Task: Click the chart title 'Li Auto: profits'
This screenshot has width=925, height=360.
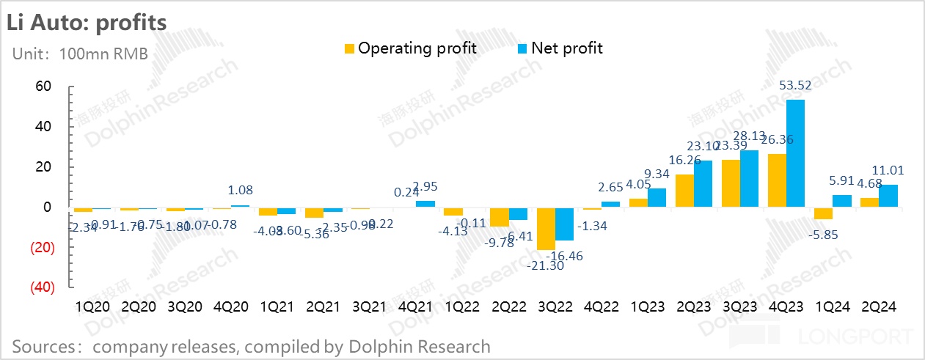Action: (87, 22)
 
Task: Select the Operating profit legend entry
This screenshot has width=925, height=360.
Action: (410, 48)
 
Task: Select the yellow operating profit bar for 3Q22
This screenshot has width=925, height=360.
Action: (545, 229)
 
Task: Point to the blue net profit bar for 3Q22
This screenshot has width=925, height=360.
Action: (563, 224)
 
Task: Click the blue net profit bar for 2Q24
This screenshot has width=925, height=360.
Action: (888, 196)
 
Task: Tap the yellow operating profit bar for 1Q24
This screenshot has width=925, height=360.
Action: (822, 213)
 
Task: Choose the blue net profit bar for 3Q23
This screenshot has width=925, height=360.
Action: (748, 179)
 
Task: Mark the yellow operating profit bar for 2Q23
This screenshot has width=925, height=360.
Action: (684, 191)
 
